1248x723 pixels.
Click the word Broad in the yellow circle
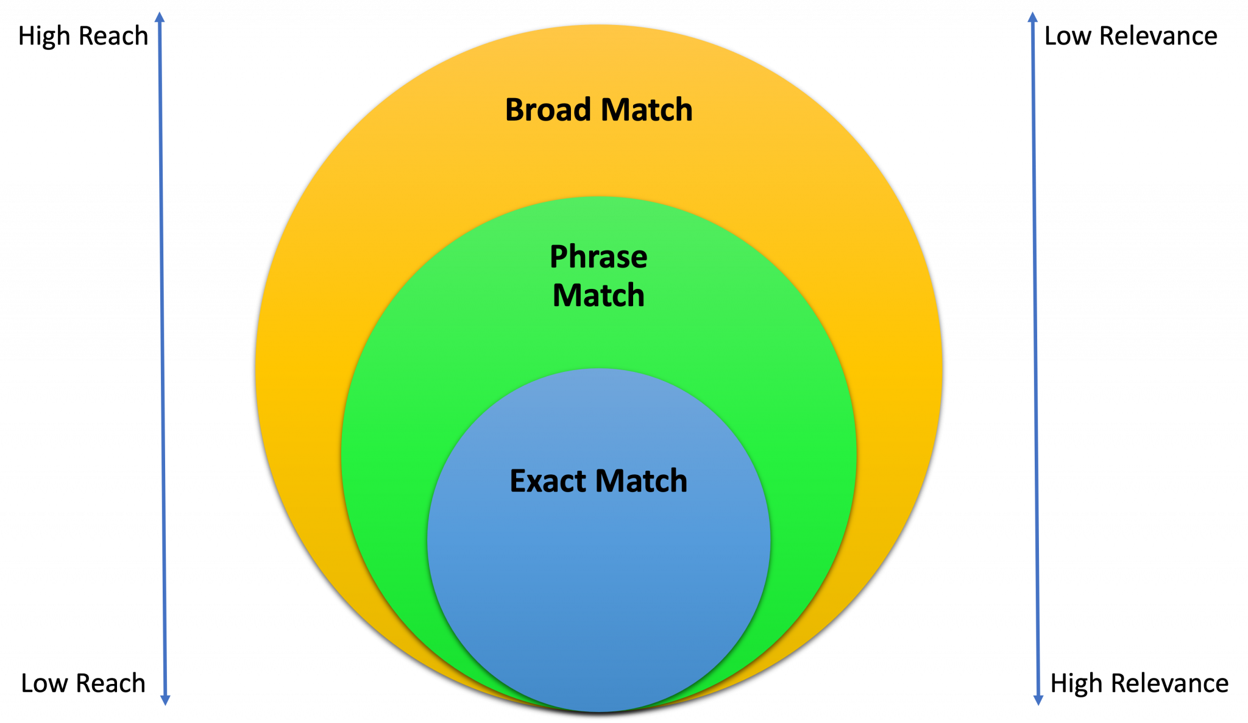548,110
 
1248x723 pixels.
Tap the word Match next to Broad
647,110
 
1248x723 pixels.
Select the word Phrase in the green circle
598,257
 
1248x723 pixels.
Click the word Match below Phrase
598,296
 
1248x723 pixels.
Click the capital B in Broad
515,110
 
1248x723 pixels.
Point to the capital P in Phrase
558,257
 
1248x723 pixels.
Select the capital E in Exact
517,481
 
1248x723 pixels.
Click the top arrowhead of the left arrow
160,17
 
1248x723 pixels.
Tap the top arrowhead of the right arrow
1033,17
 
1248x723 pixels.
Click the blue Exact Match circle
598,579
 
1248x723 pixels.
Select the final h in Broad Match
684,110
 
